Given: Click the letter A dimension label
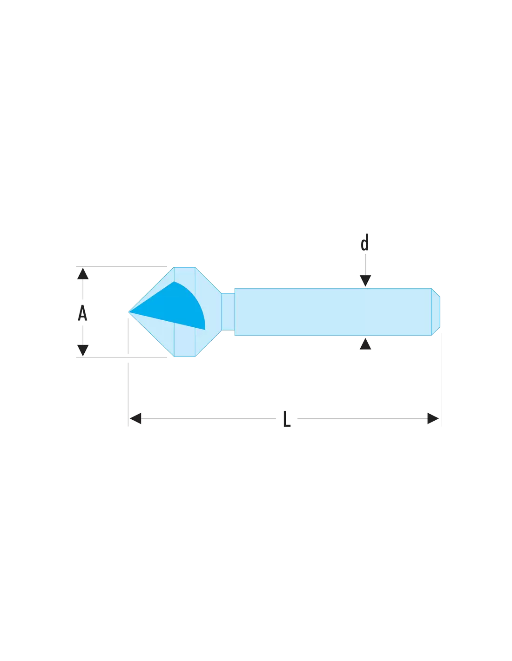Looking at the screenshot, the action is tap(82, 312).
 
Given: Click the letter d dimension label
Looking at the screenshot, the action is tap(364, 243).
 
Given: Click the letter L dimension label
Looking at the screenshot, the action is tap(287, 418).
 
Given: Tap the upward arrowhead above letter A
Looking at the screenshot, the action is tap(83, 273).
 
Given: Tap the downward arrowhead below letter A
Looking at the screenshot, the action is tap(83, 350).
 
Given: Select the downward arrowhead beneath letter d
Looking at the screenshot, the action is tap(365, 280).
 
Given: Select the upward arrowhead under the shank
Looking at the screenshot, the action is tap(365, 344).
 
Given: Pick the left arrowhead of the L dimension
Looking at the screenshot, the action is tap(135, 418).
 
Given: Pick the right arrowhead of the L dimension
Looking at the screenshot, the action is tap(433, 418).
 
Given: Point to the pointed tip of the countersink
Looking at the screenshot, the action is tap(129, 312).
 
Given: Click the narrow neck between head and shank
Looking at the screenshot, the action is tap(228, 311).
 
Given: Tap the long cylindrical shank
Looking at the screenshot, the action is tap(333, 312).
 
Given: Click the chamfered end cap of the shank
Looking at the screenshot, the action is tap(436, 312).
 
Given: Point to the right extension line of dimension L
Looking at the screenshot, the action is tap(441, 379).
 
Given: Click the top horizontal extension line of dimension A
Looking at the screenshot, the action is tap(121, 266).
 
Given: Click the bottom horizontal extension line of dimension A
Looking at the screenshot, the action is tap(121, 357).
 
